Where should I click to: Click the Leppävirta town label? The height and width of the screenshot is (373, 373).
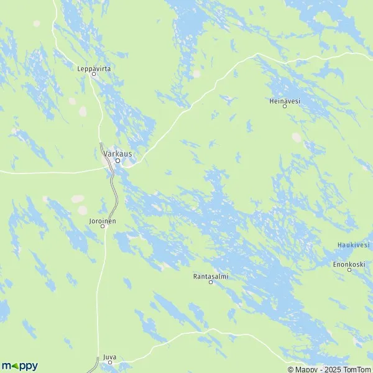coord(94,68)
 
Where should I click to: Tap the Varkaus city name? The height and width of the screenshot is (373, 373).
coord(117,153)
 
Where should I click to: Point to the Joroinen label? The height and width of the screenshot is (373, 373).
coord(103,220)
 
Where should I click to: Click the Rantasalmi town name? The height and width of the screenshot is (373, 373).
coord(210,275)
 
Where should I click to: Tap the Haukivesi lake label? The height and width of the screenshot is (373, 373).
coord(354,245)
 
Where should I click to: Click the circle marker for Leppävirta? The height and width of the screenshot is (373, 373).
coord(94,75)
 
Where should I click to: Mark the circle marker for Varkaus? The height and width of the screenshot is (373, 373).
coord(117,160)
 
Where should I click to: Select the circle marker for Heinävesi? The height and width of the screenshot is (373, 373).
coord(285,106)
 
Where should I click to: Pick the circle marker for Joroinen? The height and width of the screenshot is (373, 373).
coord(104,226)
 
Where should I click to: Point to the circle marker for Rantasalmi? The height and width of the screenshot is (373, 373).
coord(210,282)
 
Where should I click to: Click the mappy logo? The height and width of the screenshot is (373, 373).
coord(19,366)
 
